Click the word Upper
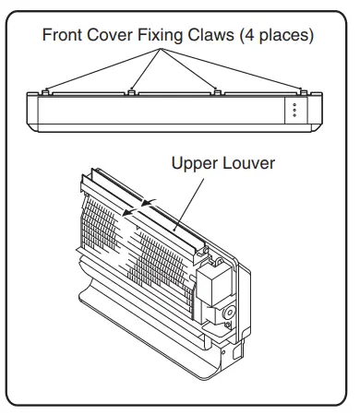tap(196, 163)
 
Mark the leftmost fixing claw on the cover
tap(45, 91)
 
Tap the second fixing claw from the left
tap(132, 91)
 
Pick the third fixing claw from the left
tap(217, 91)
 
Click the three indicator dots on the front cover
tap(294, 110)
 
